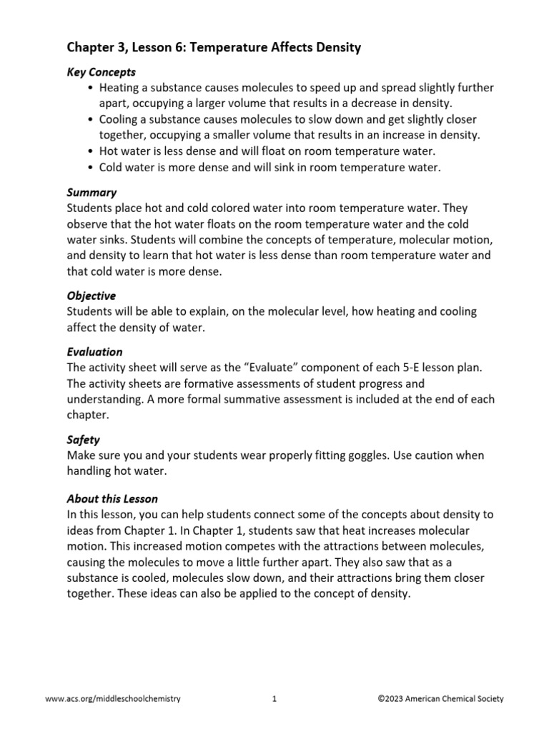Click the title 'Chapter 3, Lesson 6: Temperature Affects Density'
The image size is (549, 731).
[x=214, y=49]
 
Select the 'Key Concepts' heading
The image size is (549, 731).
[x=101, y=72]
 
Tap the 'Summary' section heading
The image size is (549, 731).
[x=91, y=193]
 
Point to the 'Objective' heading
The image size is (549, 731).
[x=91, y=296]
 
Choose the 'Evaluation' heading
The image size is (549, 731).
[x=94, y=352]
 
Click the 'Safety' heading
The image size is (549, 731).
[x=83, y=440]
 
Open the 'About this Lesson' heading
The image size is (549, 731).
[x=112, y=498]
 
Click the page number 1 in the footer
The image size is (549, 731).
[x=274, y=700]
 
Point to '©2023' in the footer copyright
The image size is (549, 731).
[x=390, y=700]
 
